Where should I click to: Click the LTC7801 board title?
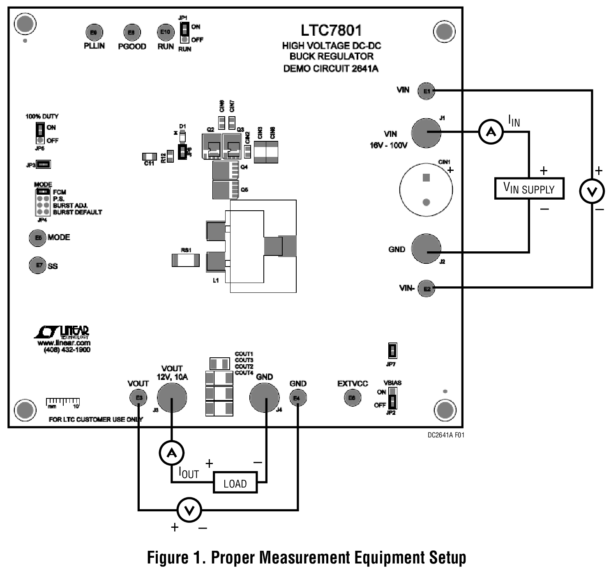click(x=331, y=30)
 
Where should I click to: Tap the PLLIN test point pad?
click(x=94, y=32)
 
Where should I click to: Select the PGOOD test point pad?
click(x=132, y=32)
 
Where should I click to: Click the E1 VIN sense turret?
click(x=427, y=91)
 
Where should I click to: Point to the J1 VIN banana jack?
click(x=426, y=133)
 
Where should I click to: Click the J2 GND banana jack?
click(x=426, y=249)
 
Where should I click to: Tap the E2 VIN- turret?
click(x=427, y=288)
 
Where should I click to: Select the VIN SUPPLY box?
click(x=529, y=189)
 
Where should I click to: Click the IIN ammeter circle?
click(x=491, y=132)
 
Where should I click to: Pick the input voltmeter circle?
click(x=592, y=191)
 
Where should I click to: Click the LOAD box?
click(x=235, y=483)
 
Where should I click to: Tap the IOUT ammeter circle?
click(x=171, y=453)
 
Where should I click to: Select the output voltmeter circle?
click(x=189, y=510)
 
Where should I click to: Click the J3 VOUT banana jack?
click(x=172, y=397)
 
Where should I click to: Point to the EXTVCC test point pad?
click(x=352, y=398)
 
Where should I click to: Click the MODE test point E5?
click(x=38, y=238)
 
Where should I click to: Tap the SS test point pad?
click(x=38, y=265)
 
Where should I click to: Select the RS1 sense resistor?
click(x=186, y=260)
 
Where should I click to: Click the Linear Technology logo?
click(x=62, y=332)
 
